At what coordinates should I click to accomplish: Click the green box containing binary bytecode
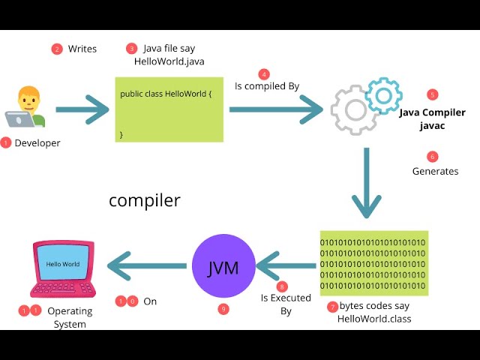pyautogui.click(x=373, y=263)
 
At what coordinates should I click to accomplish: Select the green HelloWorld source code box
pyautogui.click(x=169, y=109)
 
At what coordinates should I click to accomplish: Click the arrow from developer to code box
pyautogui.click(x=82, y=109)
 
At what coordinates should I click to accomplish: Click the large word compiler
pyautogui.click(x=145, y=200)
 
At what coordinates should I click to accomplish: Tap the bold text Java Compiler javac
pyautogui.click(x=432, y=119)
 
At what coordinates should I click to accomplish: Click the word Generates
pyautogui.click(x=435, y=171)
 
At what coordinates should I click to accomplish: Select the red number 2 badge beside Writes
pyautogui.click(x=57, y=49)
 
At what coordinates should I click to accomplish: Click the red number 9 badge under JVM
pyautogui.click(x=223, y=309)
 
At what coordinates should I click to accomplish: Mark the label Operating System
pyautogui.click(x=70, y=317)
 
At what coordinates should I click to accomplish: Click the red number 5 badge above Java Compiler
pyautogui.click(x=432, y=94)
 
